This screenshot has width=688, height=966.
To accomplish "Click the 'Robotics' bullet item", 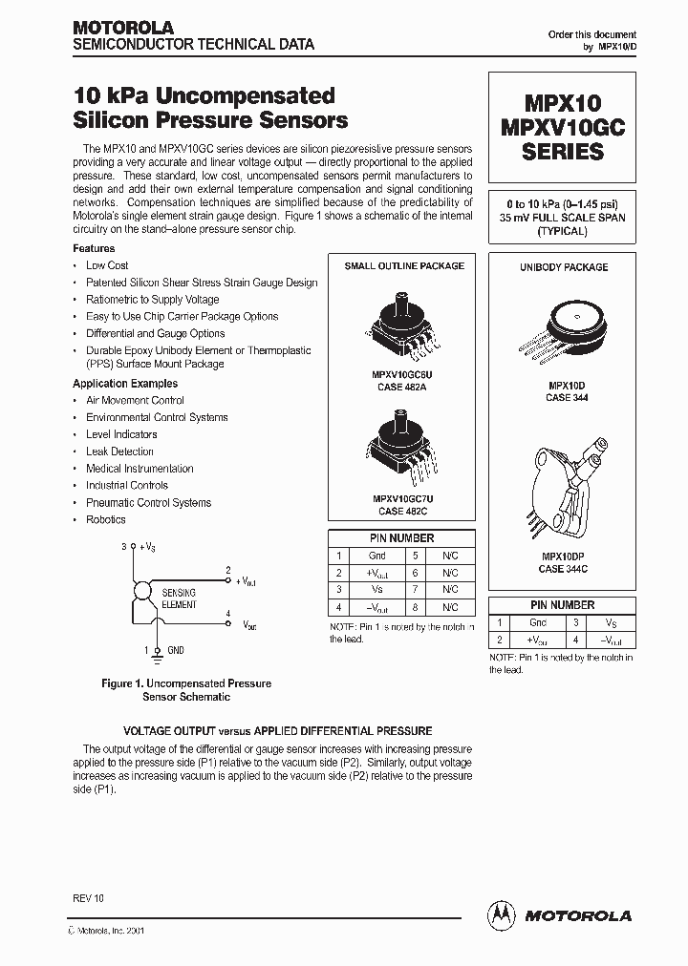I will (106, 519).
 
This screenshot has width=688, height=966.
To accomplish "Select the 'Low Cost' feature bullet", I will (107, 265).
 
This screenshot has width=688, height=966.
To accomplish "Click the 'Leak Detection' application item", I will (119, 451).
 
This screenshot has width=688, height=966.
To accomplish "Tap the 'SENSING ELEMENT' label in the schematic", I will (180, 598).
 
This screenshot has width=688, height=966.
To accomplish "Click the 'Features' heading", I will (94, 248).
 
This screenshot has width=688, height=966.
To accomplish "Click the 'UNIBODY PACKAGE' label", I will (564, 268).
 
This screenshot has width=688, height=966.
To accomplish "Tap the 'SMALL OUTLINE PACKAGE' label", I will (404, 266).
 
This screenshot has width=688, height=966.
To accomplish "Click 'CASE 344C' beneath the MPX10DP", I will (563, 569).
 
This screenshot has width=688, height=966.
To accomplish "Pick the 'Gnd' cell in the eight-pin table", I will (377, 556).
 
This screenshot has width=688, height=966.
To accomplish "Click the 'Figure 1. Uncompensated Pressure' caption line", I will (186, 683).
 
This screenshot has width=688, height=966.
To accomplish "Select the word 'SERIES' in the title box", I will (563, 152).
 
